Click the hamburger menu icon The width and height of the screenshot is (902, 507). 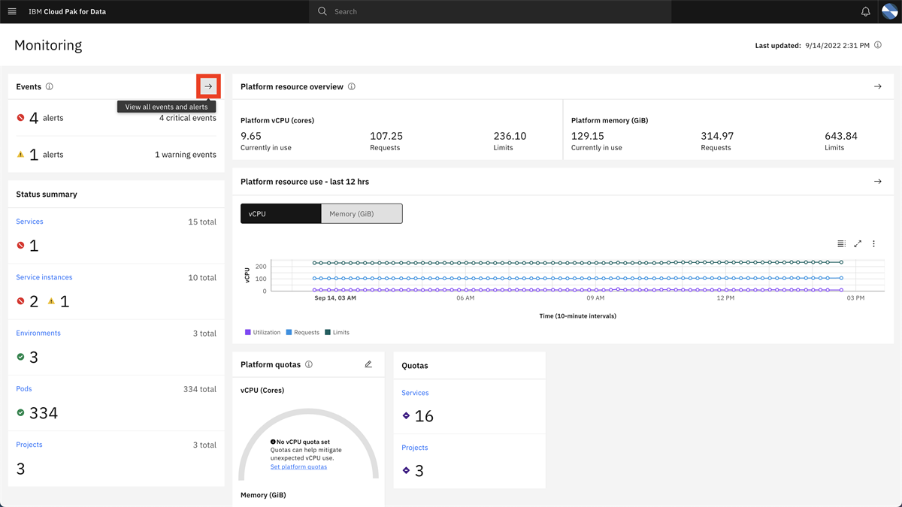tap(12, 11)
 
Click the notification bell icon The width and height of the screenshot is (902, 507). tap(865, 11)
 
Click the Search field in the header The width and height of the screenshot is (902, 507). tap(489, 11)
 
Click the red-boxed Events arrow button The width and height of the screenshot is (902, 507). tap(208, 86)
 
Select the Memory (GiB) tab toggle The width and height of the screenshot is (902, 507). tap(362, 214)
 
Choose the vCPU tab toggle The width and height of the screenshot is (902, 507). tap(280, 214)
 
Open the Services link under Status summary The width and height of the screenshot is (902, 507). tap(29, 222)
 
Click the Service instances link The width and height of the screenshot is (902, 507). tap(44, 277)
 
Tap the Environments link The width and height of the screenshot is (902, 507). tap(38, 333)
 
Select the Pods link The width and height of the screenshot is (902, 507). tap(24, 389)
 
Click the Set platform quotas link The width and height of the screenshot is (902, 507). tap(298, 466)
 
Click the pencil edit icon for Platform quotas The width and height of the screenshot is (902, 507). tap(368, 364)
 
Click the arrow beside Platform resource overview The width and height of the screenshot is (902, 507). tap(877, 86)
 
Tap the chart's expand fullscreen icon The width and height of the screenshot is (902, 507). tap(858, 243)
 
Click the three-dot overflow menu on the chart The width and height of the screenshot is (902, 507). tap(873, 243)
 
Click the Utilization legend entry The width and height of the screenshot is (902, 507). tap(262, 332)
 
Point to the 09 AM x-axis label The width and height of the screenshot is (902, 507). tap(595, 298)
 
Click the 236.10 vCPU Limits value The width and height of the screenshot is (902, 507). tap(510, 136)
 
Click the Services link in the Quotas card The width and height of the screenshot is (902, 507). tap(415, 393)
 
